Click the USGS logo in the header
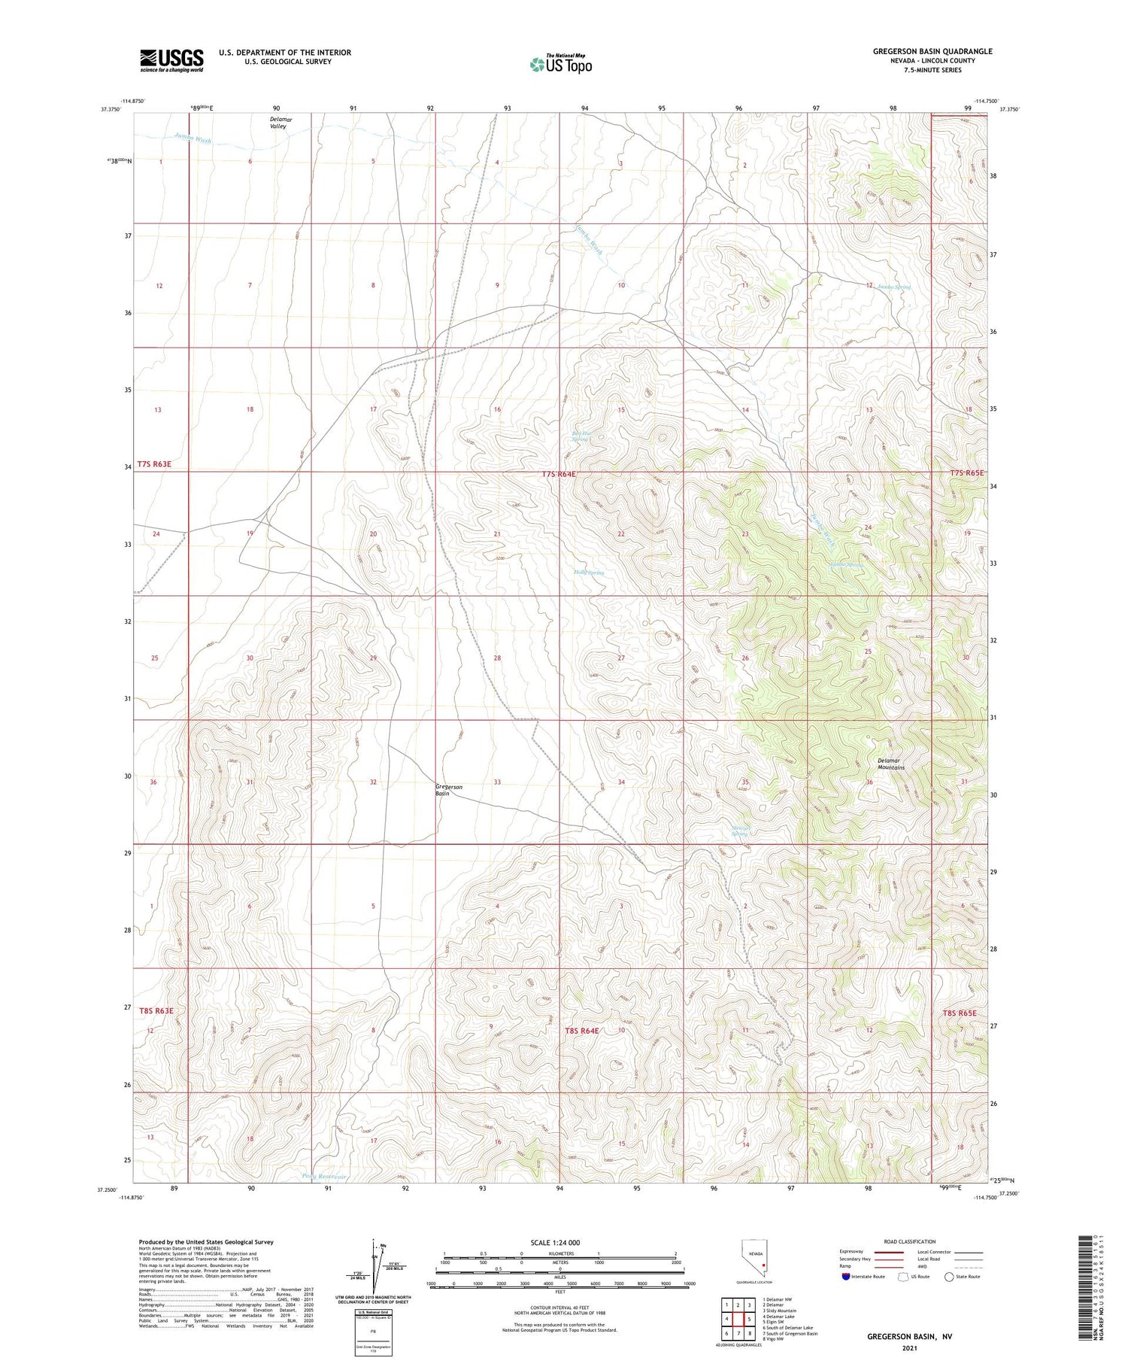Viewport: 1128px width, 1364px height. pos(171,60)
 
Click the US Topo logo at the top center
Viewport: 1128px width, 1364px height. pos(560,65)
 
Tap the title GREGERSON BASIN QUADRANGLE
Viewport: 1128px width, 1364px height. pos(932,51)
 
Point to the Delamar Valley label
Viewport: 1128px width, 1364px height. pos(278,123)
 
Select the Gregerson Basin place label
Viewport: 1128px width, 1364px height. pos(449,789)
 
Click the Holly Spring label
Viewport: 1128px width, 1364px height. pos(589,573)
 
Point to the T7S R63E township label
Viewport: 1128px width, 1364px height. pos(154,464)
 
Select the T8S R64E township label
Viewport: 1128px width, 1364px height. pos(581,1030)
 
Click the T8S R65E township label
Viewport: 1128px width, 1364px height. pos(959,1013)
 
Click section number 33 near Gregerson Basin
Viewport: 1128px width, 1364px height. pos(497,782)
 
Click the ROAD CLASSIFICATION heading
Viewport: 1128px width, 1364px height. pos(910,1241)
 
